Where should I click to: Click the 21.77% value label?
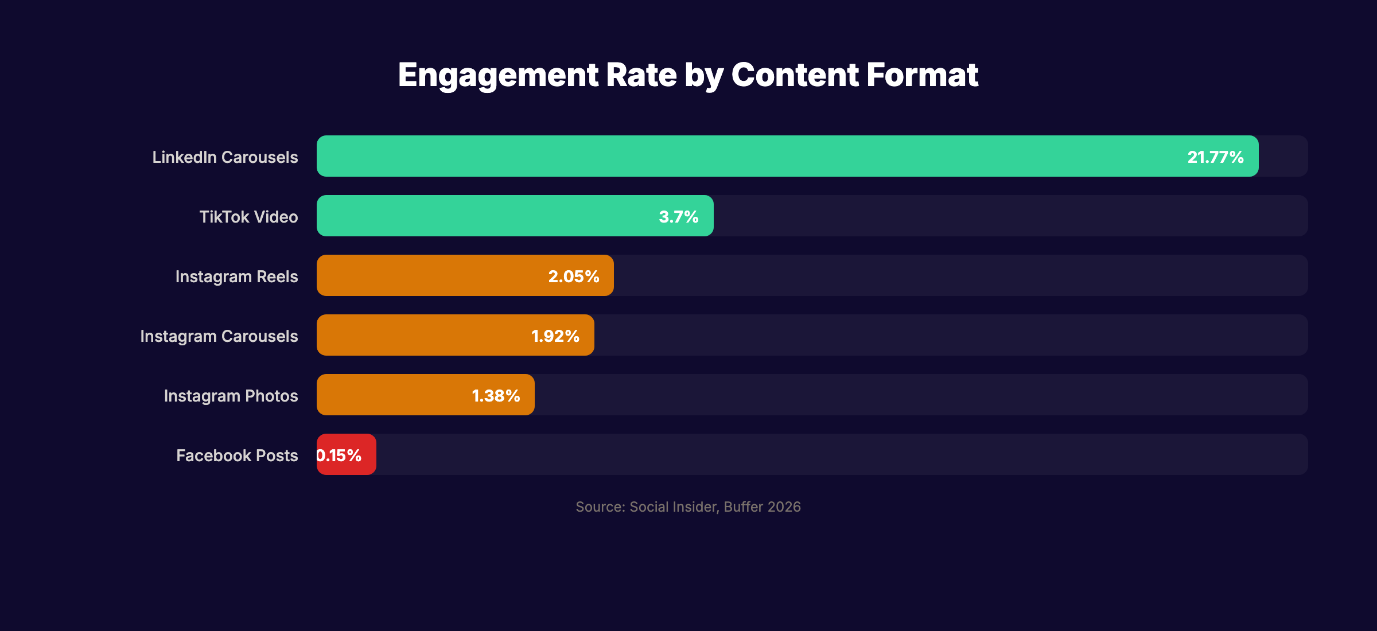click(x=1215, y=157)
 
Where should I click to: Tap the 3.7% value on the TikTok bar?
click(x=678, y=217)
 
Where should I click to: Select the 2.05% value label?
click(x=574, y=276)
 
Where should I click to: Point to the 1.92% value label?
click(x=555, y=336)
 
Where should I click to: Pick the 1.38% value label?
click(x=496, y=396)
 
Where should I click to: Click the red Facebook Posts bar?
click(x=367, y=454)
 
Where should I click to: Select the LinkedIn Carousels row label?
click(x=225, y=157)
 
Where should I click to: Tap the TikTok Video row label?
click(x=248, y=217)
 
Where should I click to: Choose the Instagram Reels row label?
click(x=236, y=276)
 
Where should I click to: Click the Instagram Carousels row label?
click(x=219, y=336)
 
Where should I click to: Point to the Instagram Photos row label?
click(x=231, y=396)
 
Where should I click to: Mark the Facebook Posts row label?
click(x=237, y=455)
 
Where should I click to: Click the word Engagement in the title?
click(x=497, y=75)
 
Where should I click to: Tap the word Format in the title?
click(x=922, y=75)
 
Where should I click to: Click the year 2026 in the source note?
click(x=784, y=507)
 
